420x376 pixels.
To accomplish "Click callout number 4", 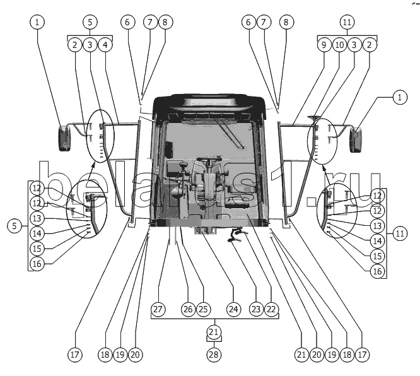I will pos(105,45).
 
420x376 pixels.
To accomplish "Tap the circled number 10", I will pos(339,45).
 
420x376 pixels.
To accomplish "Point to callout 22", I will pos(272,309).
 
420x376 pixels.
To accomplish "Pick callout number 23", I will pos(255,309).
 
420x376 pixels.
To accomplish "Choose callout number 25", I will pos(202,309).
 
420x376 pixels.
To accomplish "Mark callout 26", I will pos(187,309).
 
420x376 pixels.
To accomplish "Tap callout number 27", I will pos(158,309).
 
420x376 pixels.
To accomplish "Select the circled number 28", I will pos(214,355).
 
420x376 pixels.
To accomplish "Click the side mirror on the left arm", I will pos(65,138).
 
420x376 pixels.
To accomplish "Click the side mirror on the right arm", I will pos(355,139).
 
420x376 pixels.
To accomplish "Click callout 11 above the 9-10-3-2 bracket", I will pos(347,22).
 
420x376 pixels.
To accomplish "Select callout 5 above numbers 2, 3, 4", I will pos(90,22).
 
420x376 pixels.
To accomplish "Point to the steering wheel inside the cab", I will pos(207,162).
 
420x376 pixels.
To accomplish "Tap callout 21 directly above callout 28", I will pos(214,332).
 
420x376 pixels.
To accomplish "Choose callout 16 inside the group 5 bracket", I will pos(37,264).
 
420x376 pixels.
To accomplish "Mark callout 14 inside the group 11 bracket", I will pos(377,240).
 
